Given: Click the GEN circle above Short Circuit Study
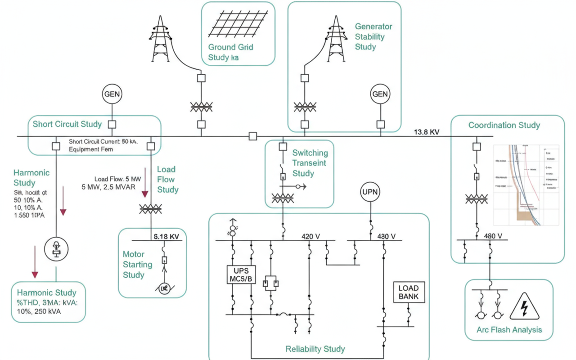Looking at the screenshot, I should [112, 94].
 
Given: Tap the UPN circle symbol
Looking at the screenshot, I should [370, 192].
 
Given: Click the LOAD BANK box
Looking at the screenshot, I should [409, 292].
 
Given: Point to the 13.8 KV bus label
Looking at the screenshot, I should [427, 132].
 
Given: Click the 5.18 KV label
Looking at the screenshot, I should [167, 236].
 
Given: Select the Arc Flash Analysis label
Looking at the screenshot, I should [509, 330].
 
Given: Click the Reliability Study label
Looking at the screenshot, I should [315, 349].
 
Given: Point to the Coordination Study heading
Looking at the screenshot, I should [504, 125].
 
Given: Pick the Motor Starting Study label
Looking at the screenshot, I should [138, 265].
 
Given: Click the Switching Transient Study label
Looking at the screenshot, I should [310, 163].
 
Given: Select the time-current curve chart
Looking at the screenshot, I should [526, 184].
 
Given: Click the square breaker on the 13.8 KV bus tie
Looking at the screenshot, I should [253, 136].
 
